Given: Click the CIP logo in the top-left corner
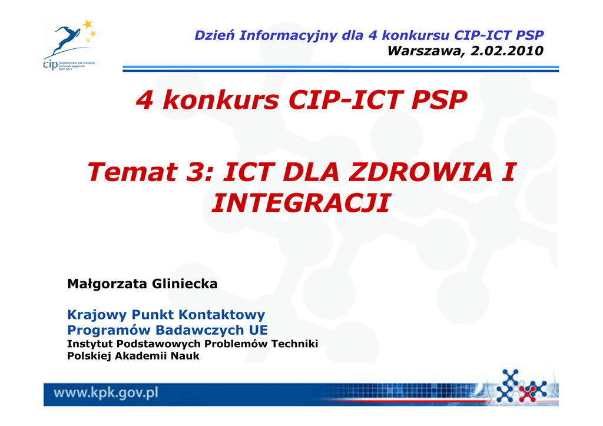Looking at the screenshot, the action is pos(69,45).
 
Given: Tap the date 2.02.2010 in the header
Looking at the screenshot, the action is pos(507,51).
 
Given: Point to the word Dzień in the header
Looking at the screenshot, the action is pos(214,35).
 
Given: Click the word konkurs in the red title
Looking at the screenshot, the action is pos(221,100).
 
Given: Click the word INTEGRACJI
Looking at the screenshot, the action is pos(301,203).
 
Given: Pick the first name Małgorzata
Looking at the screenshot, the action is pos(107,284).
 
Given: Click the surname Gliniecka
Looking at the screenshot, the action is pos(184,284).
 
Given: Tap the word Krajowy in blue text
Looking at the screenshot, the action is pos(97,315).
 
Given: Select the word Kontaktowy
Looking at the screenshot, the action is pos(221,315).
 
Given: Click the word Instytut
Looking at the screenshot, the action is pos(90,344).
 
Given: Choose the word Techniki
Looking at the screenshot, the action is pos(294,344).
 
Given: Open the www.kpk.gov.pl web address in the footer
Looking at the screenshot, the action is pos(106,394).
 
